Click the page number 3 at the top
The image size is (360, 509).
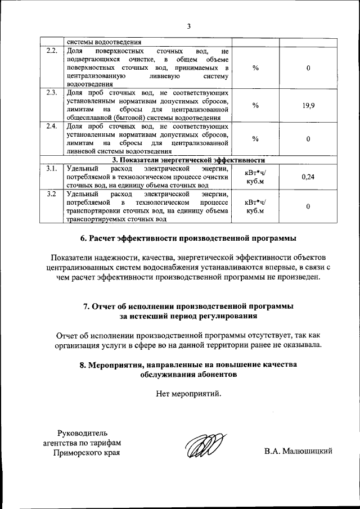189,26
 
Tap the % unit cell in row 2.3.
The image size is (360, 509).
255,105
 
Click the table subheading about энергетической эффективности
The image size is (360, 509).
188,160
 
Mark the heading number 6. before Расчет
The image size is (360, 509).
84,238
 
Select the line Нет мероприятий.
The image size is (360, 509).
188,393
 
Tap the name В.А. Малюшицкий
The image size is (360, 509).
299,451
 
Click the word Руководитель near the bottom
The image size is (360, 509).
82,433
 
